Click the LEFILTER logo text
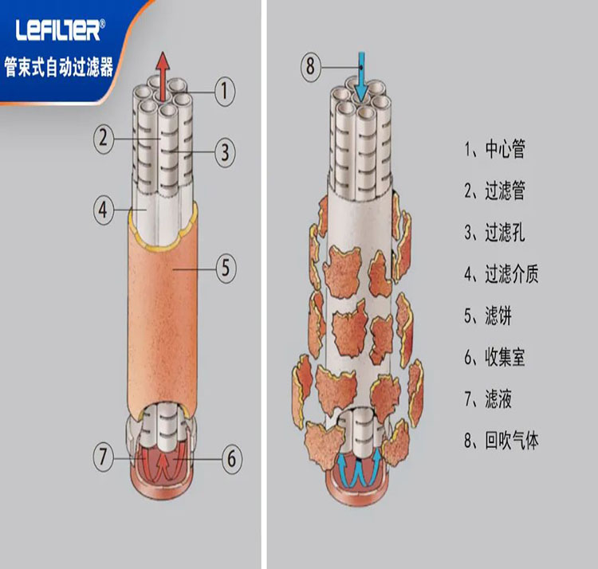(x=60, y=30)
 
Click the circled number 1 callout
(x=225, y=92)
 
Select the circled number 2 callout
(x=104, y=138)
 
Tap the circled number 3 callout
(x=225, y=152)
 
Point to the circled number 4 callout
(x=104, y=210)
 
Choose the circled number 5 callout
(x=226, y=268)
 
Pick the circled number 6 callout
(x=231, y=459)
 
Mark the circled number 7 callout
(x=104, y=456)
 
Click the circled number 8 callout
(x=311, y=66)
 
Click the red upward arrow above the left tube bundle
(x=163, y=77)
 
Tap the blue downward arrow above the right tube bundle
(x=360, y=79)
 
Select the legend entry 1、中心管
(x=494, y=149)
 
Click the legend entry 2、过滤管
(x=494, y=190)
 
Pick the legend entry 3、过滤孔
(x=494, y=232)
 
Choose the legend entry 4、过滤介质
(x=502, y=273)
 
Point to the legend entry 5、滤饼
(x=488, y=316)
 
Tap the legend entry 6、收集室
(x=494, y=357)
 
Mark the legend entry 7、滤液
(x=488, y=399)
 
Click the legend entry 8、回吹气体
(x=502, y=441)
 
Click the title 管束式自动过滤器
(x=59, y=67)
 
